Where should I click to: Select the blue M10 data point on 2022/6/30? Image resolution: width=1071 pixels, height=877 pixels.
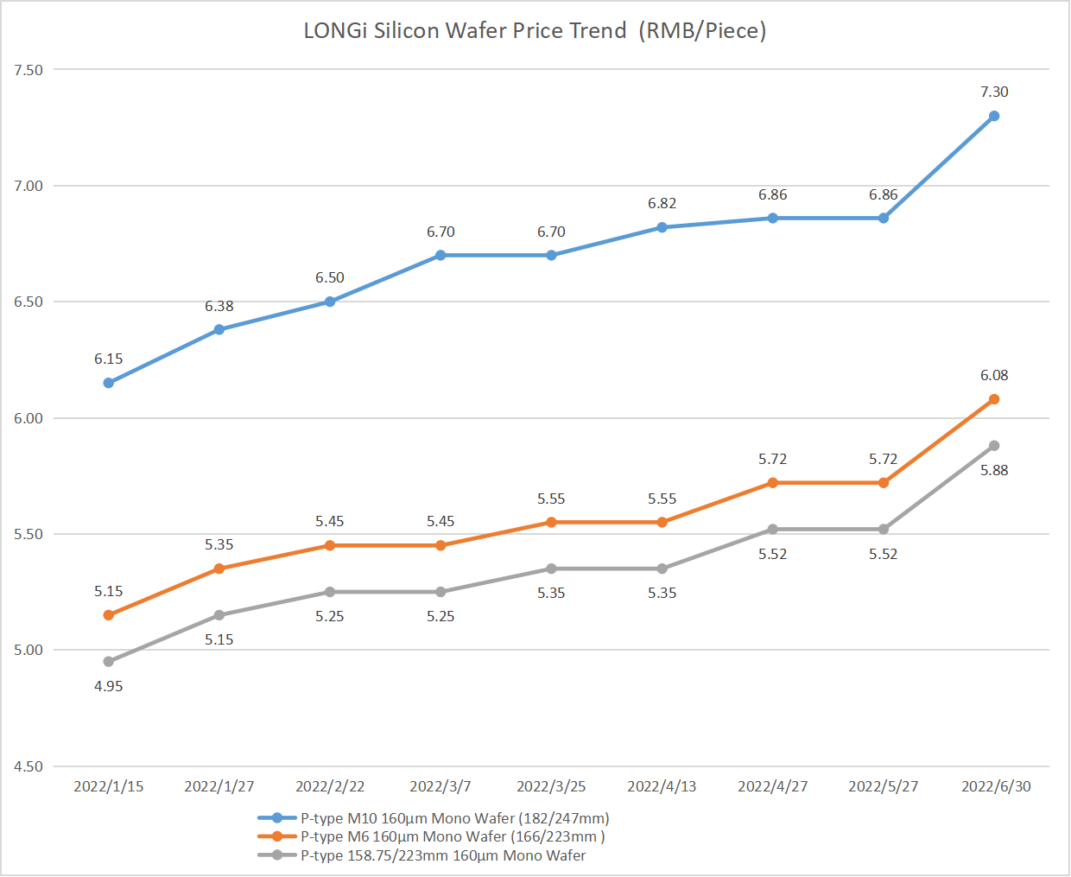(994, 116)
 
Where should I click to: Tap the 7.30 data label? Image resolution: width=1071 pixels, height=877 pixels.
(994, 92)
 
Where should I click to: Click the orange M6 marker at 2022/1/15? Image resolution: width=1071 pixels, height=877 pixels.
(109, 615)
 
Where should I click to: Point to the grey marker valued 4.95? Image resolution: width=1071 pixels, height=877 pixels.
(109, 662)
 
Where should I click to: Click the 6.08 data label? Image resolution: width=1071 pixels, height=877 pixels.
(994, 375)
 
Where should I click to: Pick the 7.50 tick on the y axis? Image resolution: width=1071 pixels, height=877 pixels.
(29, 70)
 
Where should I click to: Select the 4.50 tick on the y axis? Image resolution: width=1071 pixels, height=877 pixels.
(29, 766)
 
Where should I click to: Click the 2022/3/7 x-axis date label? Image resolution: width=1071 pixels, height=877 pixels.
(440, 786)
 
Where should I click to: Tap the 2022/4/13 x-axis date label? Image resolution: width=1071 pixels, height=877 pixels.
(662, 786)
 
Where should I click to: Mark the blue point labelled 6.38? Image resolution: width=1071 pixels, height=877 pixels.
(219, 329)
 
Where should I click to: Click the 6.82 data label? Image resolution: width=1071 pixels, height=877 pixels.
(662, 203)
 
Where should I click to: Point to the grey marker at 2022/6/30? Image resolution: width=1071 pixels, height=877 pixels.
(994, 446)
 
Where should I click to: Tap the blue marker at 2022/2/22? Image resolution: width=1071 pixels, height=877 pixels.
(330, 302)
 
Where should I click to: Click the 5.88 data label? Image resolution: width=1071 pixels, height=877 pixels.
(994, 470)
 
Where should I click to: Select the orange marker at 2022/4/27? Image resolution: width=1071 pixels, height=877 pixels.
(773, 483)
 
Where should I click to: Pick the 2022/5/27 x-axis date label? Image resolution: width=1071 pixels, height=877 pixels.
(884, 786)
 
